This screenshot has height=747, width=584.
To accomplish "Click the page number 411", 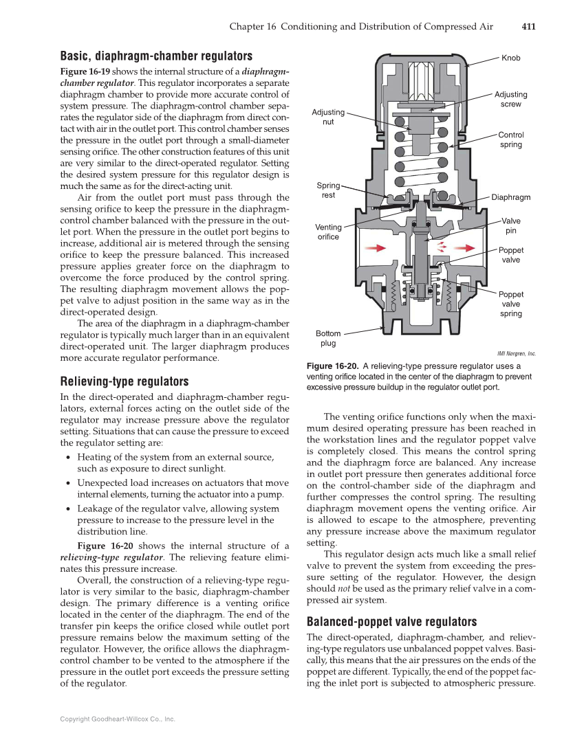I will tap(528, 27).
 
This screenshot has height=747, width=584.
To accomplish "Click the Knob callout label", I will tap(510, 58).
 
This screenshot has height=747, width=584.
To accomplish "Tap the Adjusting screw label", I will tap(510, 99).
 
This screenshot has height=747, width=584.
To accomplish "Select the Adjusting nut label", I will tap(328, 117).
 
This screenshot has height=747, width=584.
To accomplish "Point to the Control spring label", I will tap(510, 140).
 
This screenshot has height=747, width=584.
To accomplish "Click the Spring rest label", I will tap(328, 190).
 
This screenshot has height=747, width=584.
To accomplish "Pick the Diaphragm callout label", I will tap(510, 197).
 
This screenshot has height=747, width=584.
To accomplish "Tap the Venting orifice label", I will tap(328, 232).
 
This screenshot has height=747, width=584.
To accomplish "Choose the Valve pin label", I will tap(510, 225).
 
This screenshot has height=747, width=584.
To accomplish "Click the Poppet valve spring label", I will tap(510, 304).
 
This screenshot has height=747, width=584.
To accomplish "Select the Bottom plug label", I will tap(328, 338).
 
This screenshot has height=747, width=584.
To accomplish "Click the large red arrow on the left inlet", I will tap(374, 247).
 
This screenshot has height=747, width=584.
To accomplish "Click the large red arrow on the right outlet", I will tap(464, 247).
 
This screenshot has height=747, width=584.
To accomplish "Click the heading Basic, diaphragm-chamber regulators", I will tap(156, 56).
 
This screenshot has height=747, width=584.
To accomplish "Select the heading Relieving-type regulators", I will tap(125, 381).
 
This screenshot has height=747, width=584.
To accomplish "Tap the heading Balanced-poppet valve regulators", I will tap(391, 621).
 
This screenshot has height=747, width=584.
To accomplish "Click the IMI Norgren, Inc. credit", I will tap(516, 354).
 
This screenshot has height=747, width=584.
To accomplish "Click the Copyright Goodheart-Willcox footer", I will tap(118, 719).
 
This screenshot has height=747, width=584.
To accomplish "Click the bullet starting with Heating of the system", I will tap(176, 462).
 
